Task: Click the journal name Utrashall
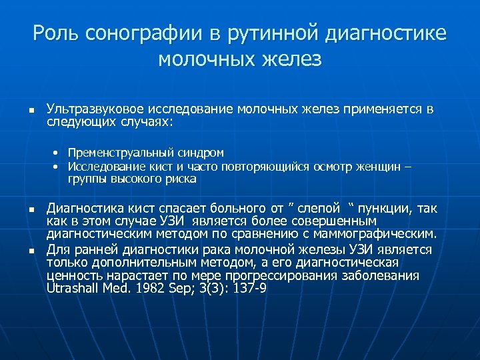coord(71,287)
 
